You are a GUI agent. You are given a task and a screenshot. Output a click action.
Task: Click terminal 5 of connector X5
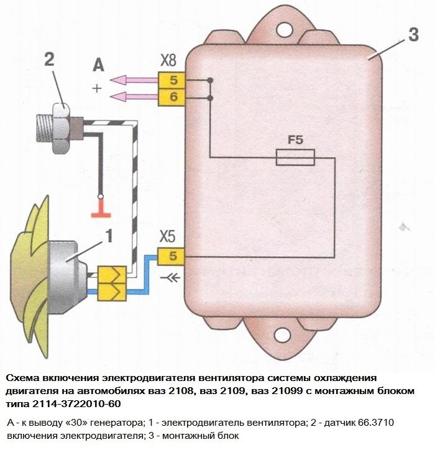click(x=172, y=256)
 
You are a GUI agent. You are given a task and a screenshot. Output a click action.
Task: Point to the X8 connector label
click(x=168, y=62)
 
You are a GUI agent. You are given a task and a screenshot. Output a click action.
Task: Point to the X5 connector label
click(x=168, y=237)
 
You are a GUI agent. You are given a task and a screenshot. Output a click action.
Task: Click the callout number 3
click(x=413, y=35)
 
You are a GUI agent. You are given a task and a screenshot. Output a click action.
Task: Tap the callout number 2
click(x=50, y=60)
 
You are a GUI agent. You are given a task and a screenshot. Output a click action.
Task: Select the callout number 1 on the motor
click(x=107, y=236)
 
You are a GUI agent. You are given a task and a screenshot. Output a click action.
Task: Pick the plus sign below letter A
click(x=96, y=88)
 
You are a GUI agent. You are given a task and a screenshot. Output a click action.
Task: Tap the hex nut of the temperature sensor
click(x=62, y=126)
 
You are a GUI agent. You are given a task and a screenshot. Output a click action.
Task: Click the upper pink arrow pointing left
click(x=134, y=80)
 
